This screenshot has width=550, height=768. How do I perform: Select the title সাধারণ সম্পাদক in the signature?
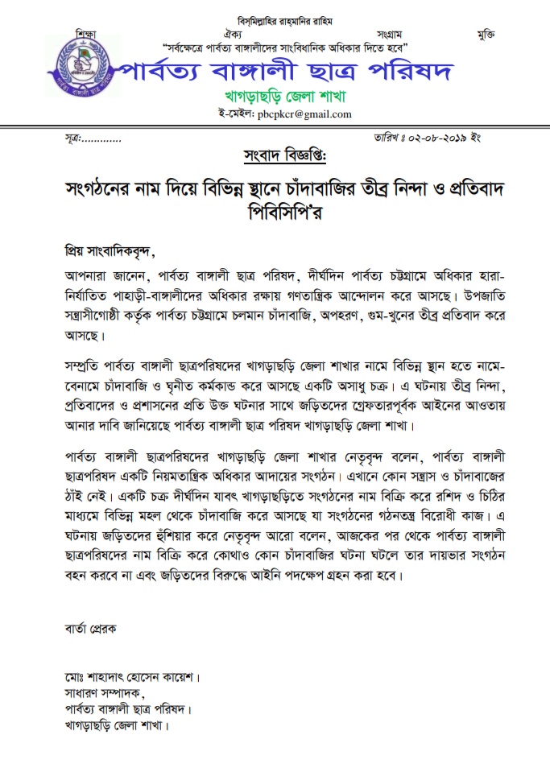pos(102,693)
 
